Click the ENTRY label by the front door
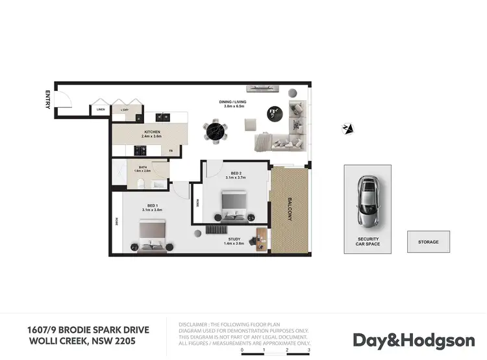pyautogui.click(x=47, y=99)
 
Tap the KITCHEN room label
pyautogui.click(x=152, y=133)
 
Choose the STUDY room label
pyautogui.click(x=233, y=239)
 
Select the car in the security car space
pyautogui.click(x=368, y=202)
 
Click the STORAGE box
pyautogui.click(x=428, y=242)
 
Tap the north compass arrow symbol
pyautogui.click(x=348, y=129)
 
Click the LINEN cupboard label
pyautogui.click(x=101, y=109)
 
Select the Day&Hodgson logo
pyautogui.click(x=414, y=340)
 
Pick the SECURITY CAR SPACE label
pyautogui.click(x=368, y=242)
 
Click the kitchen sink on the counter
pyautogui.click(x=162, y=117)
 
